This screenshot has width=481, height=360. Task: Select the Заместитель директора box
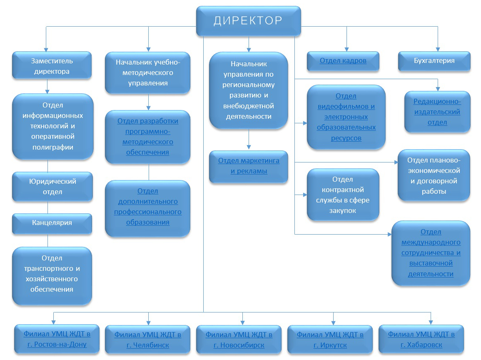[x=52, y=66]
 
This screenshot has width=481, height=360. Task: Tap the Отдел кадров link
[x=343, y=61]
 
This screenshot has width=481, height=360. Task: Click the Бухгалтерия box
[x=434, y=61]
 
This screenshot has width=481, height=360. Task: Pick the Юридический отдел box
[x=52, y=187]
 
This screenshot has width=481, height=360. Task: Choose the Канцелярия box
[x=52, y=223]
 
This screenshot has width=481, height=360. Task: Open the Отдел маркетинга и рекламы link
[x=249, y=166]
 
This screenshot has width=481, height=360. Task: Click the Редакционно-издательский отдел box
[x=437, y=112]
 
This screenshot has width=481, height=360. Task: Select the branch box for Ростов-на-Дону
[x=57, y=339]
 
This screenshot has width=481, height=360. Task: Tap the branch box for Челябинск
[x=147, y=340]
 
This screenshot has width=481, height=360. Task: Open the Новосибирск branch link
[x=239, y=340]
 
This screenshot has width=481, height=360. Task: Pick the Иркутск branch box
[x=330, y=340]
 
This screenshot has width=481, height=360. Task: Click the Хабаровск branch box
[x=421, y=339]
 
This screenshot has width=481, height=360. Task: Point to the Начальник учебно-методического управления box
[x=147, y=72]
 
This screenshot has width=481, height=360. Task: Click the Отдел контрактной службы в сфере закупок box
[x=343, y=195]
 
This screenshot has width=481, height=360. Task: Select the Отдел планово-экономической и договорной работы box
[x=434, y=176]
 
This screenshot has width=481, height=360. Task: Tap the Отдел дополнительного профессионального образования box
[x=147, y=207]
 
